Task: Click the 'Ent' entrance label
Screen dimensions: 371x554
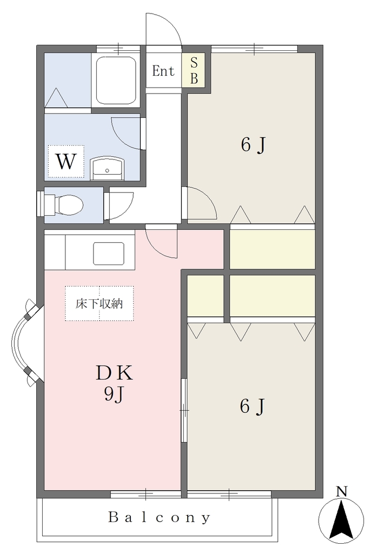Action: (163, 71)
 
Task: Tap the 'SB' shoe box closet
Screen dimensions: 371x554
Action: (194, 70)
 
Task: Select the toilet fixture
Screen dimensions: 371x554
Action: (64, 205)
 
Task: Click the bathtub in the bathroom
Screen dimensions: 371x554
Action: (116, 80)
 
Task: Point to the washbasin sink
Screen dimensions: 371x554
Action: (107, 169)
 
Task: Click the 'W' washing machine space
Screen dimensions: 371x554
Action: (66, 161)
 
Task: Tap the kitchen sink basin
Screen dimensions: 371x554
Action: (109, 253)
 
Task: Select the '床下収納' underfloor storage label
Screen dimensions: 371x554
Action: (100, 304)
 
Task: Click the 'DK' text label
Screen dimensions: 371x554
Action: (115, 373)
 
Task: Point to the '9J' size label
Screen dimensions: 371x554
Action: (114, 394)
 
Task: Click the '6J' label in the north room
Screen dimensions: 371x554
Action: (253, 144)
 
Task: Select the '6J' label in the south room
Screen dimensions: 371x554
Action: (252, 406)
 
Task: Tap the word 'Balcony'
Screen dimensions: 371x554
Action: (160, 517)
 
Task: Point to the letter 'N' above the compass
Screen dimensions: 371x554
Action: (341, 492)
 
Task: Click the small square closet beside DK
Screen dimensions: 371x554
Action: (206, 295)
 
